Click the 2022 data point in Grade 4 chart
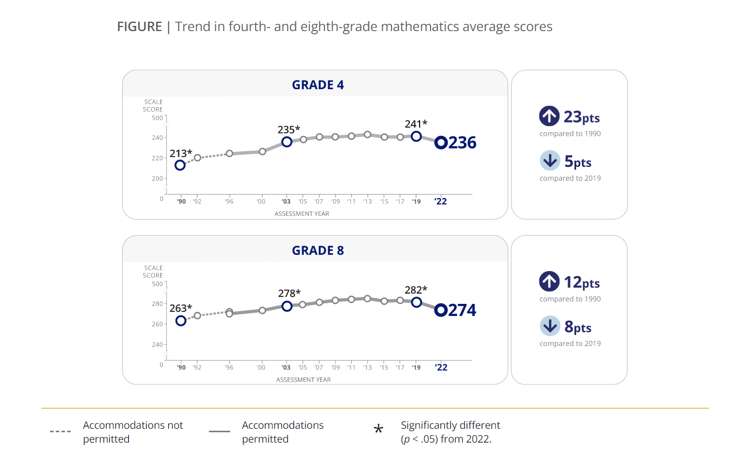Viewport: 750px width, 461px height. coord(441,143)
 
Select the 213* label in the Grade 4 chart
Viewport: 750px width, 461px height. coord(181,153)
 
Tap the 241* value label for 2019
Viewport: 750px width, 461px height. coord(416,123)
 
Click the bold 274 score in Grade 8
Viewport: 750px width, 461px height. coord(462,310)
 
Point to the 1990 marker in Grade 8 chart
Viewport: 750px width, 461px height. coord(181,321)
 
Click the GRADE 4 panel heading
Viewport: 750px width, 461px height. coord(318,85)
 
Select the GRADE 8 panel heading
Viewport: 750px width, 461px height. coord(318,251)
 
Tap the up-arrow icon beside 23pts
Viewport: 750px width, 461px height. coord(549,116)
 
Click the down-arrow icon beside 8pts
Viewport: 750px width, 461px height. coord(550,326)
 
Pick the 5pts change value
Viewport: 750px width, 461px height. coord(578,162)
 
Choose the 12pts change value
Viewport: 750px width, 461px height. coord(581,283)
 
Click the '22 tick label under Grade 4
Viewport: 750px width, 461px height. coord(440,202)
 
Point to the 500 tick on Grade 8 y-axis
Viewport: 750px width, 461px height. coord(157,284)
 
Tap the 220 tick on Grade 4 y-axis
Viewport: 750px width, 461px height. coord(157,158)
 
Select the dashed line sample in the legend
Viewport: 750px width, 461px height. coord(60,431)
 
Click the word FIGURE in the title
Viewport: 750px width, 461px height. coord(139,26)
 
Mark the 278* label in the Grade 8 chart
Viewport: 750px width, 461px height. coord(289,294)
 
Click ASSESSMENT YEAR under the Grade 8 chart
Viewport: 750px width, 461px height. coord(303,380)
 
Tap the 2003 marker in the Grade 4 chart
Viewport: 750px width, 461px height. coord(287,142)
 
